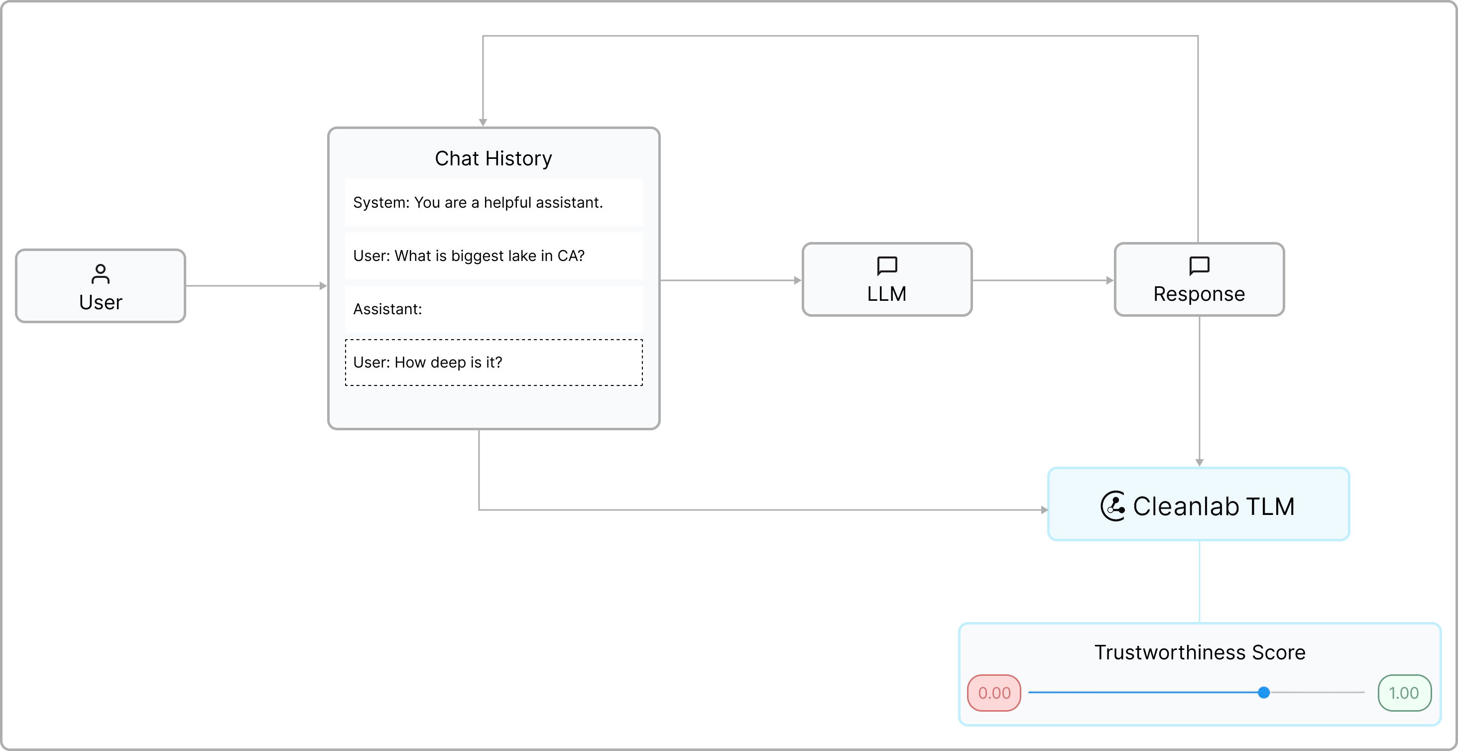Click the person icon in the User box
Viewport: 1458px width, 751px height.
click(x=100, y=274)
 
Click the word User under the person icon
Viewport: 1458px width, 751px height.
click(x=100, y=302)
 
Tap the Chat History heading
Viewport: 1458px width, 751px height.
click(x=493, y=158)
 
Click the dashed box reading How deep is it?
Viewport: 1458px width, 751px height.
click(x=493, y=362)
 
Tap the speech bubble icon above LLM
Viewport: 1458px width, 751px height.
click(x=886, y=265)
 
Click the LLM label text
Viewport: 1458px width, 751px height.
click(x=886, y=294)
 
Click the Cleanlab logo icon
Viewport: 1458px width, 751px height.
click(x=1113, y=505)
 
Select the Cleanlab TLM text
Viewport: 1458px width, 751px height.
click(x=1214, y=506)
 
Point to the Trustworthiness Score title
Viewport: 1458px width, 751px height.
click(x=1200, y=652)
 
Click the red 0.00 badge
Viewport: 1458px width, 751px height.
click(x=994, y=693)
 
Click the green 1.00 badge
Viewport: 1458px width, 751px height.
click(x=1404, y=693)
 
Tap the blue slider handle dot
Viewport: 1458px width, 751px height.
click(x=1263, y=692)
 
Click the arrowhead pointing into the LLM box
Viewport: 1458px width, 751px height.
click(x=798, y=280)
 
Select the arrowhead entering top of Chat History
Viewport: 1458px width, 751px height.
click(x=483, y=122)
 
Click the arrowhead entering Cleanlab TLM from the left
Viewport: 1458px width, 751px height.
click(x=1044, y=510)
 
